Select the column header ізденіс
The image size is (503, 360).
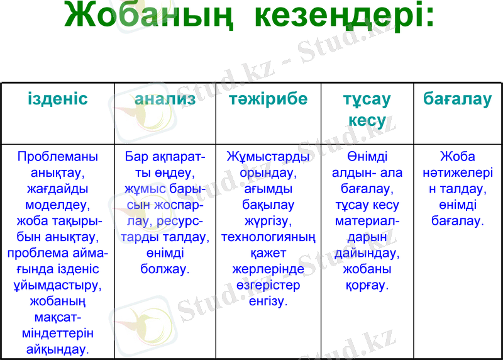(58, 99)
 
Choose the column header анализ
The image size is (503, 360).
(165, 99)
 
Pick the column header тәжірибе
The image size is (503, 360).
(268, 99)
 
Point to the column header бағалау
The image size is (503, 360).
(458, 99)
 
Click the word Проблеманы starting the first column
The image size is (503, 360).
(58, 156)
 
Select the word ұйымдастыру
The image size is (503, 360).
(58, 285)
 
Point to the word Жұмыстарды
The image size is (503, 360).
(268, 156)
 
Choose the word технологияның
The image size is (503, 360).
(268, 237)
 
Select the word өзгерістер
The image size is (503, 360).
(268, 285)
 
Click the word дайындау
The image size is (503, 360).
(366, 253)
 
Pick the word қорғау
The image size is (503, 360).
(366, 285)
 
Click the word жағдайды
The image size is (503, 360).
(58, 188)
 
